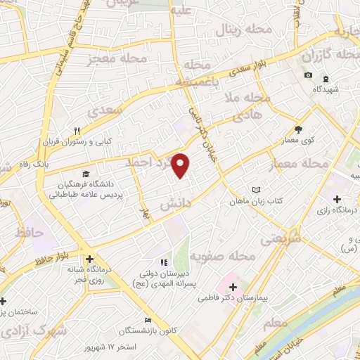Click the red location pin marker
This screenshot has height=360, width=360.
[181, 165]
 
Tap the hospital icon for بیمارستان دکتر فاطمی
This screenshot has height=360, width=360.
[233, 287]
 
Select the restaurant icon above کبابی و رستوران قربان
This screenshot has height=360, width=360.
[78, 131]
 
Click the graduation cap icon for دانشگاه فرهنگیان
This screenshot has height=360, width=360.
[85, 174]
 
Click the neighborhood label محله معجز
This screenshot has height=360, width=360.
[117, 59]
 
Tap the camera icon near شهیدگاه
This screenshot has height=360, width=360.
[308, 75]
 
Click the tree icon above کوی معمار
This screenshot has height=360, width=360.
[298, 129]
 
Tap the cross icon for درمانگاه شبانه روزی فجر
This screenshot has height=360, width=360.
[89, 259]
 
